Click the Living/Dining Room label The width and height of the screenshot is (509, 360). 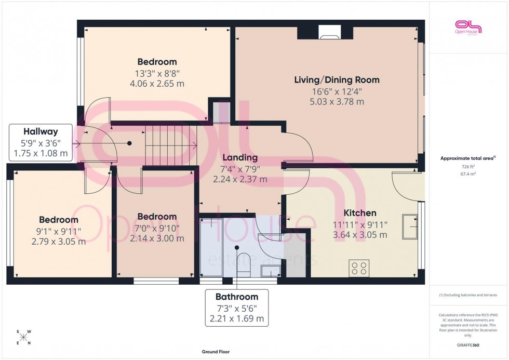pos(337,80)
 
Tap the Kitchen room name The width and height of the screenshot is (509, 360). pos(360,213)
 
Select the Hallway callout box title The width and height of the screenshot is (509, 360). pos(40,132)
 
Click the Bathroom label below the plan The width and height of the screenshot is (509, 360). pos(237,297)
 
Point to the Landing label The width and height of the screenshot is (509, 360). pos(239,157)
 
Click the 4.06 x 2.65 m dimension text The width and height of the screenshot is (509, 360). pos(157,83)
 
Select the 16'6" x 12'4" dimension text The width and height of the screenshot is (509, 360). pos(337,91)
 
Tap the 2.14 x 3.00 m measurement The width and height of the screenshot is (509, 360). pos(157,239)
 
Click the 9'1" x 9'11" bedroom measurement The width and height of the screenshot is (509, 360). pos(60,231)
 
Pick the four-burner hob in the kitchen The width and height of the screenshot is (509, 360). pos(358,268)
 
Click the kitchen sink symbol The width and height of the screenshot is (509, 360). pos(410,226)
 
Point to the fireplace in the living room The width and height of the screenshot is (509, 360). pos(328,34)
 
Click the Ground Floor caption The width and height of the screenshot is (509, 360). pos(216,352)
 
